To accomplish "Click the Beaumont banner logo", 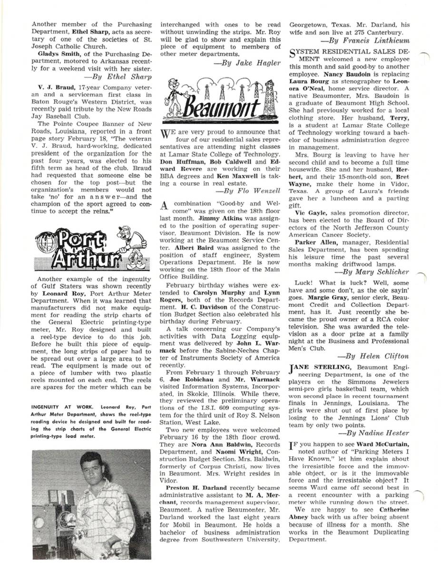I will click(221, 101).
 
